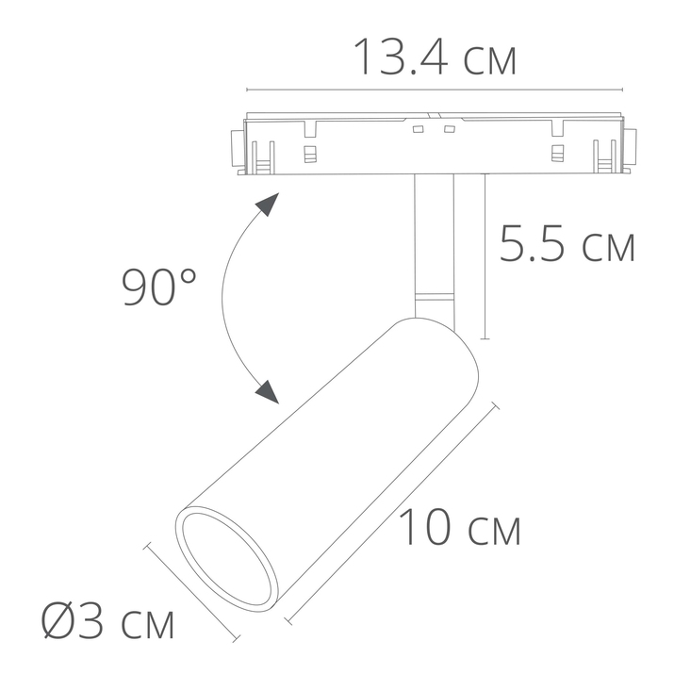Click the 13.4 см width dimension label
pyautogui.click(x=435, y=58)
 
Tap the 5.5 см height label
pyautogui.click(x=567, y=246)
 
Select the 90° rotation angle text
pyautogui.click(x=160, y=288)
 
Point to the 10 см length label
pyautogui.click(x=460, y=529)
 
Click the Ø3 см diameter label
pyautogui.click(x=108, y=623)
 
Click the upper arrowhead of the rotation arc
pyautogui.click(x=269, y=205)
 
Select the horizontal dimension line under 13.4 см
pyautogui.click(x=435, y=90)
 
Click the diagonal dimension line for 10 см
pyautogui.click(x=391, y=514)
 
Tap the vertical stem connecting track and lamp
pyautogui.click(x=433, y=236)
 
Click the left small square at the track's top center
pyautogui.click(x=418, y=128)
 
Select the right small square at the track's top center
pyautogui.click(x=450, y=128)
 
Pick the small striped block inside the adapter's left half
pyautogui.click(x=309, y=153)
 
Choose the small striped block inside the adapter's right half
pyautogui.click(x=557, y=153)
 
